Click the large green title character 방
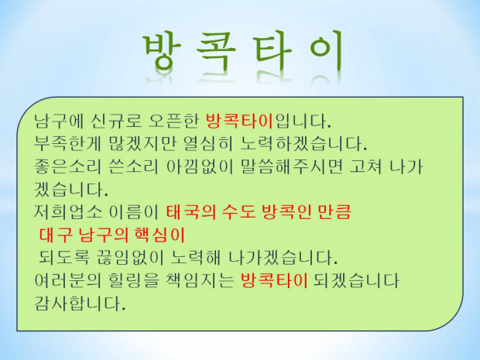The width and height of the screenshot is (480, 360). tap(163, 51)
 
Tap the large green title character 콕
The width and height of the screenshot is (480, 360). tap(216, 52)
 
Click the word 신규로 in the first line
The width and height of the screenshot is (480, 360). tap(116, 121)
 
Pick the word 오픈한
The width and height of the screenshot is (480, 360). tap(173, 121)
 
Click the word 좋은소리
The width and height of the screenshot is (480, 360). tap(67, 166)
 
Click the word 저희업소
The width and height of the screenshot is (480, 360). tap(67, 212)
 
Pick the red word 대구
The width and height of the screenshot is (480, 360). tap(56, 235)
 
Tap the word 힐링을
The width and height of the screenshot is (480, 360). tap(134, 280)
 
